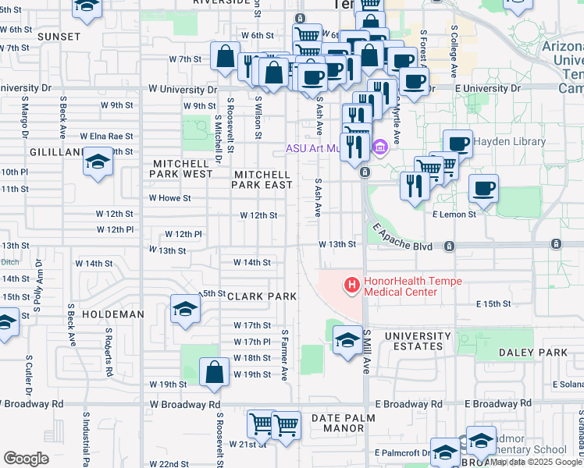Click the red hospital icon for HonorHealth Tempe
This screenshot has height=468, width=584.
[x=352, y=286]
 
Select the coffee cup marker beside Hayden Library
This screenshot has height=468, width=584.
[x=458, y=144]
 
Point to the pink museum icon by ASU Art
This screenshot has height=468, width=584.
[x=381, y=147]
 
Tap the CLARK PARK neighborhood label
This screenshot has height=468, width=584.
[x=262, y=296]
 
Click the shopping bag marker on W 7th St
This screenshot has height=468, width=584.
[x=225, y=57]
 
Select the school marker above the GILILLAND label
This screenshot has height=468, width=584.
[x=98, y=161]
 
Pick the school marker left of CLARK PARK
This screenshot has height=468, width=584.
[x=185, y=310]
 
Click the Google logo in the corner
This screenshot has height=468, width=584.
[x=26, y=459]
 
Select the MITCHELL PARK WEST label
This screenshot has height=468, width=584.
[x=182, y=174]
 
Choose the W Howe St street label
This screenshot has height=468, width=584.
[x=169, y=198]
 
